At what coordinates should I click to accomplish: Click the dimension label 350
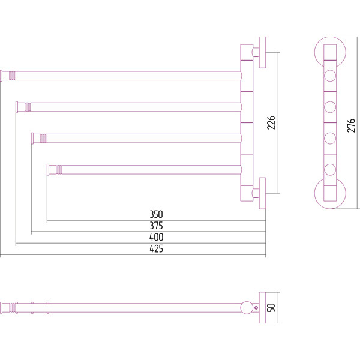click(157, 214)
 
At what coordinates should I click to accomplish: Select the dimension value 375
click(157, 226)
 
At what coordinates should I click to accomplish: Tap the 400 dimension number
click(157, 237)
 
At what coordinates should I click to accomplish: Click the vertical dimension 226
click(271, 123)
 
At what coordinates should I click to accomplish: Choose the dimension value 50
click(271, 307)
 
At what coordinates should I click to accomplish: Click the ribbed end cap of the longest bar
click(8, 75)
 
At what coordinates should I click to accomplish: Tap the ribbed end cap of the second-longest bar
click(24, 107)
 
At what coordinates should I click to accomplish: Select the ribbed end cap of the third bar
click(41, 139)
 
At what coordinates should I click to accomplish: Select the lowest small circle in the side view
click(329, 169)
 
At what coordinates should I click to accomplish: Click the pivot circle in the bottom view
click(247, 308)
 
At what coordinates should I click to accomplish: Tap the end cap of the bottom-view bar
click(8, 307)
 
